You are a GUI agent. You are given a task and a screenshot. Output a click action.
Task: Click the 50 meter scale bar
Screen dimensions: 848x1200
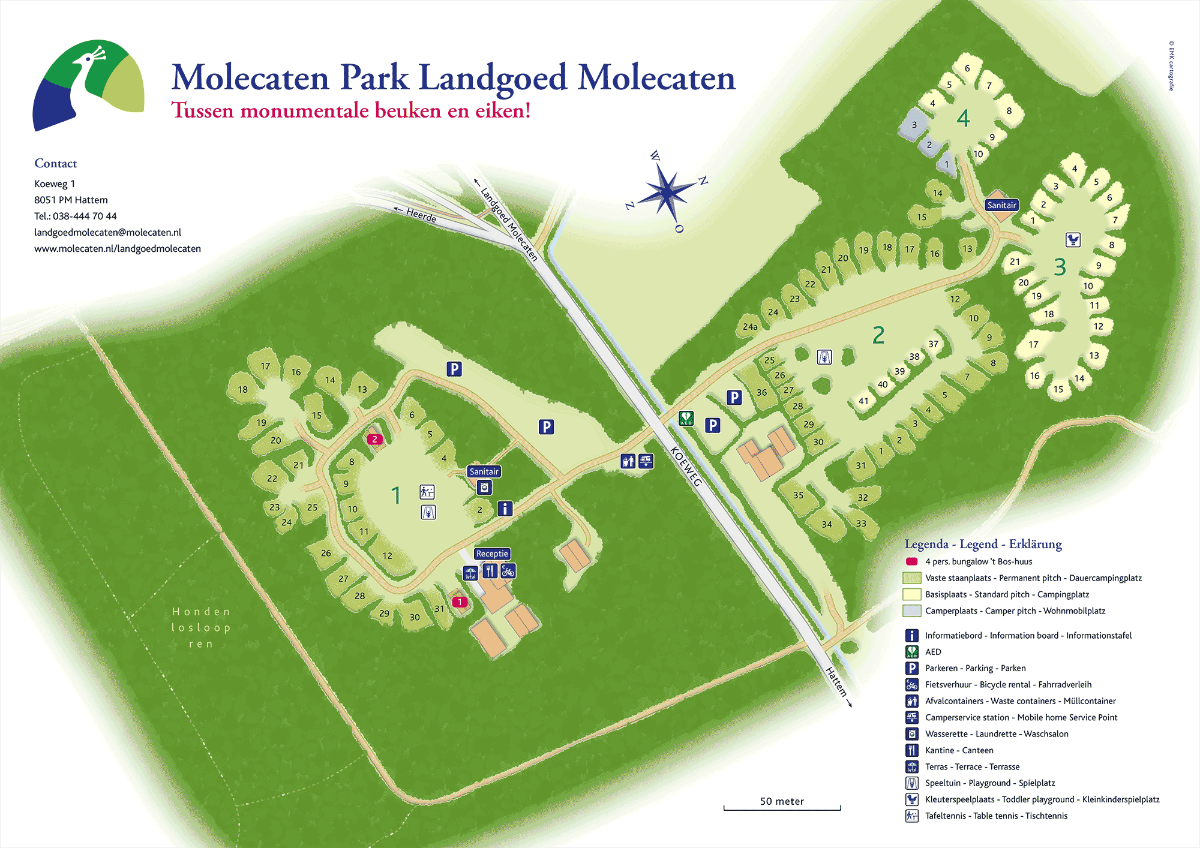point(782,808)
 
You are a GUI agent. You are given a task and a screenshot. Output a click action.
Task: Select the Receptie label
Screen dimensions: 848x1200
point(492,554)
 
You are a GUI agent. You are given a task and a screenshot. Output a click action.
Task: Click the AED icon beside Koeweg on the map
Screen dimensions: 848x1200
point(686,418)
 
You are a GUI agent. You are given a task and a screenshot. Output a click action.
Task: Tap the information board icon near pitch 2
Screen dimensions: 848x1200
point(505,509)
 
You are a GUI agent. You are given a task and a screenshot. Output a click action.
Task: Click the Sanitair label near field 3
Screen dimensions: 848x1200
point(1001,205)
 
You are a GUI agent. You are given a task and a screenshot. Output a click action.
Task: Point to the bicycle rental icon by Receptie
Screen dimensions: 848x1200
point(508,571)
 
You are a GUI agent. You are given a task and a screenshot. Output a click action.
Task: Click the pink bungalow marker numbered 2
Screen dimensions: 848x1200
point(374,439)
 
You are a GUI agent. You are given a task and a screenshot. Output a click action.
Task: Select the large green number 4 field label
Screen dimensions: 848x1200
point(963,118)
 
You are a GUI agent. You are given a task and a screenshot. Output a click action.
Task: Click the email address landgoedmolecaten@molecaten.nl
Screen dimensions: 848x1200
point(107,232)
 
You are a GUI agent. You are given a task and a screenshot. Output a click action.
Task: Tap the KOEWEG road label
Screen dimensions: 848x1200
point(685,466)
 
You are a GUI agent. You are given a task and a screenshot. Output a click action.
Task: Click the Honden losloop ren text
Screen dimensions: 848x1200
point(201,627)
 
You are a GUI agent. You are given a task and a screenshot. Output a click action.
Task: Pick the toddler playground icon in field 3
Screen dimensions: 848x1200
point(1073,240)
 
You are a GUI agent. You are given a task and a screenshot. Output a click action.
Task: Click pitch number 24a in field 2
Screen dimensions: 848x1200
point(750,327)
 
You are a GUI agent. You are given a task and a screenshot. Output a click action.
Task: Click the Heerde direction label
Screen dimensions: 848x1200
point(421,215)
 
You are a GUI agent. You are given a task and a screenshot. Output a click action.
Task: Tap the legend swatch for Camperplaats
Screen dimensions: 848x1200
point(911,611)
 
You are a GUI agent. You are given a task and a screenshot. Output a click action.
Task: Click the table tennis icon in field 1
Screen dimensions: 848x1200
point(427,492)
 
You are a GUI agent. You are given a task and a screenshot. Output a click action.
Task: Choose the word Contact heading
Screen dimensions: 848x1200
point(56,163)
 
